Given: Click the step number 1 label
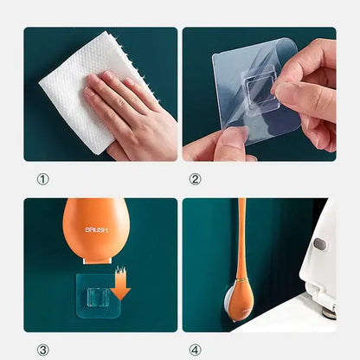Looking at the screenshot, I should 42,179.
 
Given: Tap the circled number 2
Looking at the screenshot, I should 195,179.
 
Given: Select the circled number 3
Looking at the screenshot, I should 42,350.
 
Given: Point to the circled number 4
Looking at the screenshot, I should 195,350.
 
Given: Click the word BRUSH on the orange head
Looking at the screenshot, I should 96,231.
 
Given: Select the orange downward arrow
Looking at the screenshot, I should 120,286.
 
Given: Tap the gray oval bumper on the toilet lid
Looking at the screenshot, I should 319,244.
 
